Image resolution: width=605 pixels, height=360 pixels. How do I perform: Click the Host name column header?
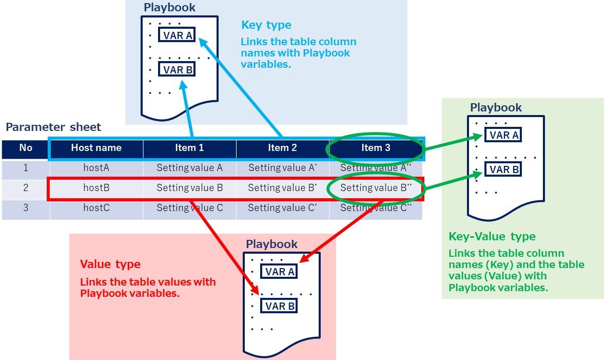96,148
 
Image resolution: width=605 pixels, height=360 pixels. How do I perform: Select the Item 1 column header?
189,148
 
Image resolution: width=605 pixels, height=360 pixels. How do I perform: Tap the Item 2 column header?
282,148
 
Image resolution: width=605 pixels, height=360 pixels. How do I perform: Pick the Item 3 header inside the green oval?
376,148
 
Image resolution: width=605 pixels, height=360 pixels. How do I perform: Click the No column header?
26,148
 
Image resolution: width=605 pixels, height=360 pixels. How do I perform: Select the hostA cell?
96,167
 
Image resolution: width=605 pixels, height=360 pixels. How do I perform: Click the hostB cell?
96,188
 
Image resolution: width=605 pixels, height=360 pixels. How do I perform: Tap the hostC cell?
96,208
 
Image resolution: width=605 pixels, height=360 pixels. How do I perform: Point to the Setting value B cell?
189,188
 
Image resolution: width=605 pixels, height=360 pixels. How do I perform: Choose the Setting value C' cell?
282,208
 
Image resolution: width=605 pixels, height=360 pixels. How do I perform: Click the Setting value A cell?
189,167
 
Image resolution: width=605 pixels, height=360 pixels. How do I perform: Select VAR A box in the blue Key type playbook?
177,35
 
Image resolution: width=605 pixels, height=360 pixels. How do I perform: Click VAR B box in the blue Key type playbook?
177,70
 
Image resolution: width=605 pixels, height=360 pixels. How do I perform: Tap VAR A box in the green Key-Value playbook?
504,135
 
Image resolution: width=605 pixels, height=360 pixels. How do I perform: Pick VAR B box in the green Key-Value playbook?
504,169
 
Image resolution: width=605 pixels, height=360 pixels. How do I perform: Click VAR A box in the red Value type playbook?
279,272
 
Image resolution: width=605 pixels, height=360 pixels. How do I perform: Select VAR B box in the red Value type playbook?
279,306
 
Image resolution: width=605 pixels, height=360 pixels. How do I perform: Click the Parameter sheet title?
53,127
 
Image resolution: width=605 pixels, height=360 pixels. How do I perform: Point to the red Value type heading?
110,264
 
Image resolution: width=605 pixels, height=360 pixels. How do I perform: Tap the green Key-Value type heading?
492,237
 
